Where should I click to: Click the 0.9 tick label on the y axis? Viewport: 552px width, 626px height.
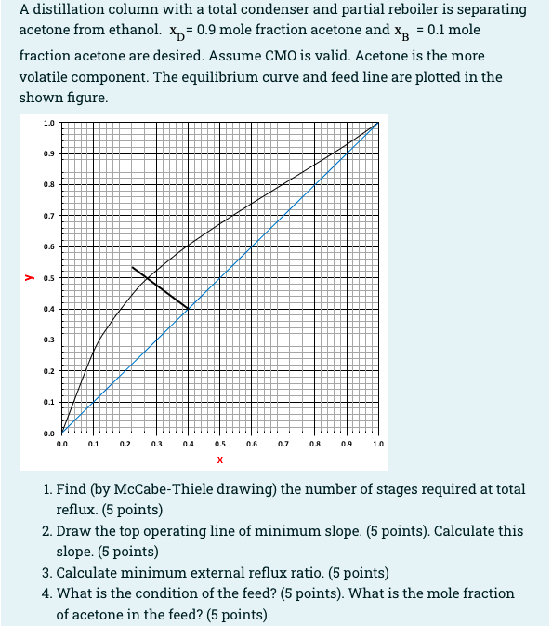47,153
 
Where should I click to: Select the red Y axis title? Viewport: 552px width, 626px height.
29,277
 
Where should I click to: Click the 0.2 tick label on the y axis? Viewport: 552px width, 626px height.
47,371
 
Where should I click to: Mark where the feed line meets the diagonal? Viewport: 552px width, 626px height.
188,308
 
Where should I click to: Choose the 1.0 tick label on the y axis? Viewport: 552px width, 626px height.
47,122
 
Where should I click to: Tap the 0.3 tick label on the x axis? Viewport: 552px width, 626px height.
156,445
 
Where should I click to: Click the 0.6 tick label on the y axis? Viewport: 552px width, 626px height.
47,246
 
